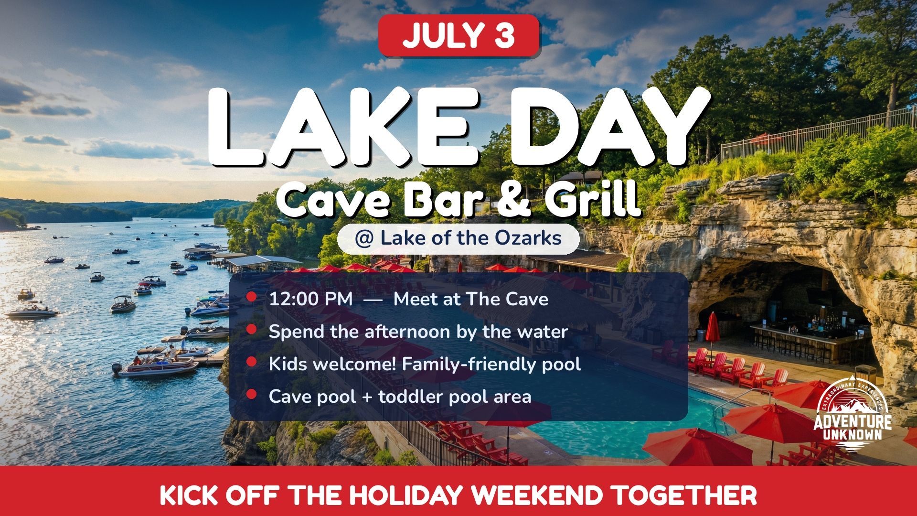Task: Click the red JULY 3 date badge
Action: point(458,36)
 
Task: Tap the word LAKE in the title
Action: point(343,128)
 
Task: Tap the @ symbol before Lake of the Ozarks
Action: point(364,238)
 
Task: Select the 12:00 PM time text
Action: point(311,299)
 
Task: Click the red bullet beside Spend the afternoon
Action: point(252,330)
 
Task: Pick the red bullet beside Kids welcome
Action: point(252,362)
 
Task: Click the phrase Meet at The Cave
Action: point(470,299)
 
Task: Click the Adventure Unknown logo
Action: point(853,416)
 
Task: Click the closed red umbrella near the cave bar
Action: point(713,328)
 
